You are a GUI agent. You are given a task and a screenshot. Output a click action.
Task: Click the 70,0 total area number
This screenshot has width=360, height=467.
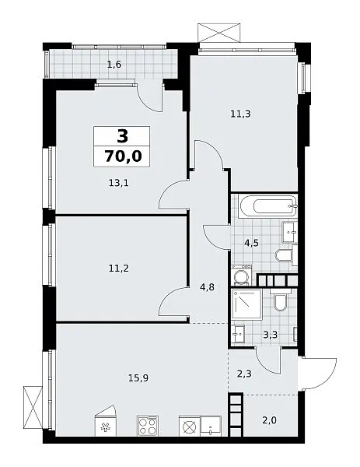coord(123,156)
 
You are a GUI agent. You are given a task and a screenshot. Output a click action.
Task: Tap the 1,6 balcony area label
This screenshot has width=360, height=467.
coord(114,65)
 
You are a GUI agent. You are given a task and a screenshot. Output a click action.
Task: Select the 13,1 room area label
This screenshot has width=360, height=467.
coord(119,183)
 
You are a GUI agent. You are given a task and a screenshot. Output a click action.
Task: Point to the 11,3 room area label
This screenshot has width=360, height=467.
coord(240,114)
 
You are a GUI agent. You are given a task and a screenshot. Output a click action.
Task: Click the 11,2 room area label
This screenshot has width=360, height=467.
coord(119,269)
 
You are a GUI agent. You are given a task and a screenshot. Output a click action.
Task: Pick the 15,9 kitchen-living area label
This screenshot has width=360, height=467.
coord(138,378)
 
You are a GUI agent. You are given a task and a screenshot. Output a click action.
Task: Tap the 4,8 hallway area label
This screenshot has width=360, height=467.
coord(207,287)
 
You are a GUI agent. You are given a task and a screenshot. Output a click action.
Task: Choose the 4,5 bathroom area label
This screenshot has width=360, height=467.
coord(251,244)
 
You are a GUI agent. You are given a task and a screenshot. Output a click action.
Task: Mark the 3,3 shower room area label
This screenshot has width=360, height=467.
coord(270,335)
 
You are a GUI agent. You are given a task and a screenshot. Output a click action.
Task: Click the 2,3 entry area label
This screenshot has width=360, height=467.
coord(245,373)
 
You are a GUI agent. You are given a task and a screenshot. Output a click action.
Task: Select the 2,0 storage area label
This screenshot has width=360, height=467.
coord(270,420)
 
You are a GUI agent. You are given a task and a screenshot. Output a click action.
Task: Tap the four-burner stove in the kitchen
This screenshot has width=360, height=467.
coord(148,427)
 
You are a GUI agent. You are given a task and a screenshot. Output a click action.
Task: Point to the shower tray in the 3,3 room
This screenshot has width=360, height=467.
coord(247,304)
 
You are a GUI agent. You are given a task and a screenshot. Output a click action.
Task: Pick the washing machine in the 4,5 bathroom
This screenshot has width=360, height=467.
coord(241,276)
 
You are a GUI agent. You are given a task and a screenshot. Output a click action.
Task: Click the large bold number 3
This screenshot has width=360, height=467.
coord(122,136)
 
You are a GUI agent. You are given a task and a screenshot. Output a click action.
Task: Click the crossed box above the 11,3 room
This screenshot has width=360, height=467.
coord(219,33)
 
